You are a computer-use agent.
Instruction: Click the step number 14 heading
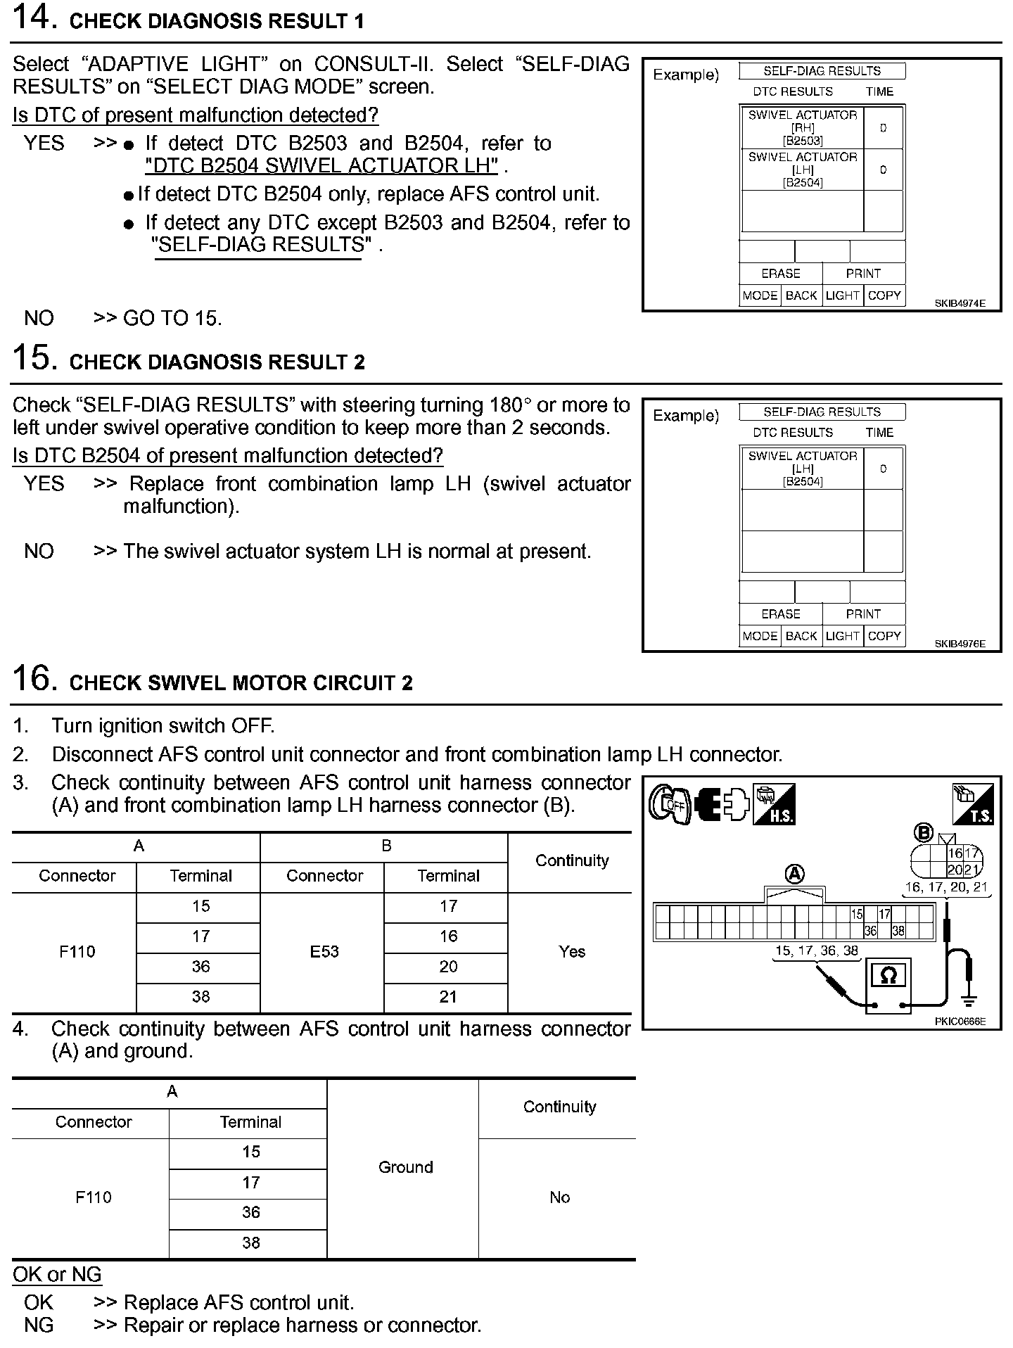pyautogui.click(x=188, y=20)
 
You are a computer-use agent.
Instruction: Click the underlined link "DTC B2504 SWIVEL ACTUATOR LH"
pyautogui.click(x=321, y=166)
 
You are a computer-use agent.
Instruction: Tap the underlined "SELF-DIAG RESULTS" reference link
pyautogui.click(x=261, y=245)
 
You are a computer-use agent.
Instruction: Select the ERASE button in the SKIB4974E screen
pyautogui.click(x=780, y=274)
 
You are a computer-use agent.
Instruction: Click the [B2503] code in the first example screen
pyautogui.click(x=803, y=141)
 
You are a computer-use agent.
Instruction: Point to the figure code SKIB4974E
pyautogui.click(x=960, y=304)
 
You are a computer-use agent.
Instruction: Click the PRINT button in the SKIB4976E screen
pyautogui.click(x=863, y=613)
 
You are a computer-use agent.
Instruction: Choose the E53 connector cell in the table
pyautogui.click(x=324, y=952)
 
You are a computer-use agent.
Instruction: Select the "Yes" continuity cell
pyautogui.click(x=571, y=952)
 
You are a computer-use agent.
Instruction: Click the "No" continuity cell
pyautogui.click(x=559, y=1197)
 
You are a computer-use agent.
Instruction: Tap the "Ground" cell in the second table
pyautogui.click(x=405, y=1167)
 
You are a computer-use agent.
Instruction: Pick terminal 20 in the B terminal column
pyautogui.click(x=448, y=967)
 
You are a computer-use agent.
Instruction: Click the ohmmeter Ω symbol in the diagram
pyautogui.click(x=888, y=976)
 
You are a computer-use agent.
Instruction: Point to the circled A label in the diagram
pyautogui.click(x=794, y=875)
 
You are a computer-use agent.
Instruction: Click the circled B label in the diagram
pyautogui.click(x=923, y=833)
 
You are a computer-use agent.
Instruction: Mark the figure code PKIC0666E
pyautogui.click(x=960, y=1022)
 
